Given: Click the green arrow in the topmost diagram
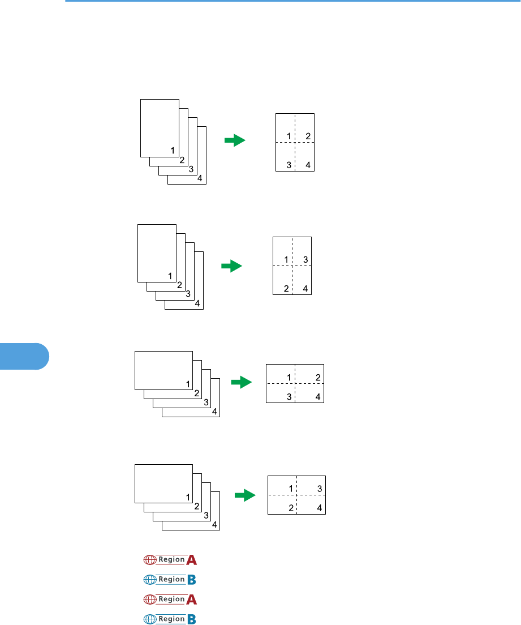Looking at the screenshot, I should (235, 140).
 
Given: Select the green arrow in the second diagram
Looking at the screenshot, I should (231, 266).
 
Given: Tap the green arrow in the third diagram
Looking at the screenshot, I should (241, 383).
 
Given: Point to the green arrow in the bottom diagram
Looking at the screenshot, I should (245, 496).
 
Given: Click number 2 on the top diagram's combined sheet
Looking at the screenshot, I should (308, 136).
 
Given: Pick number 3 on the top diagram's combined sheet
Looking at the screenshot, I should (289, 165).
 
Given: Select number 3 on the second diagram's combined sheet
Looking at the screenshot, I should (305, 260).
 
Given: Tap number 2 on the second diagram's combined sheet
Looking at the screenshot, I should (287, 289).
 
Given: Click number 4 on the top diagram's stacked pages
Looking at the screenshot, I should (200, 178).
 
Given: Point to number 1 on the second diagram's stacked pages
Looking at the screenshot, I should (170, 276).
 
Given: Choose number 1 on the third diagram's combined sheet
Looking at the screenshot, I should (289, 378).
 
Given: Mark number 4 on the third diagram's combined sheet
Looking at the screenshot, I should (318, 397).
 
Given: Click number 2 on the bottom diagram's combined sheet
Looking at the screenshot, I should (290, 508).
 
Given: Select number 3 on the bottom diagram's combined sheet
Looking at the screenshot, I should (320, 489).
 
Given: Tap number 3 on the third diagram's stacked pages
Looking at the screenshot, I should (206, 403).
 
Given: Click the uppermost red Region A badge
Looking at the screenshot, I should (170, 560).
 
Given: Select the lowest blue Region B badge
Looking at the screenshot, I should (170, 619).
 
